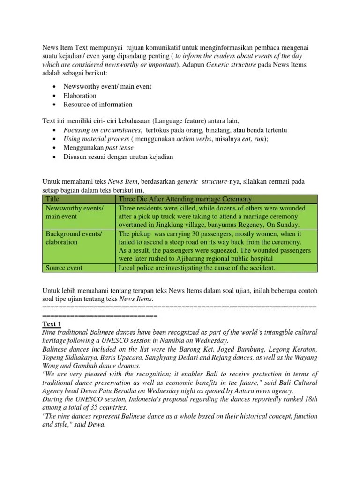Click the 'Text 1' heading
(x=52, y=324)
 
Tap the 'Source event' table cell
(x=64, y=268)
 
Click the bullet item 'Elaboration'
(x=80, y=96)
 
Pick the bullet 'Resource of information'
(x=98, y=104)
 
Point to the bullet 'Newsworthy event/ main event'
(x=107, y=87)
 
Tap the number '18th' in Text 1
(x=307, y=399)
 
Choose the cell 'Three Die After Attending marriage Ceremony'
(x=185, y=199)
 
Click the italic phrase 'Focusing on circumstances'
(x=103, y=130)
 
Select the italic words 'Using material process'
(x=96, y=139)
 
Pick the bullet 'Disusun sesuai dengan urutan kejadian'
(x=118, y=157)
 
